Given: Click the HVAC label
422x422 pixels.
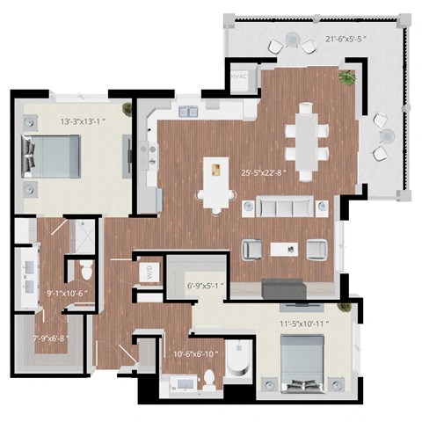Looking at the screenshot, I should pyautogui.click(x=238, y=77).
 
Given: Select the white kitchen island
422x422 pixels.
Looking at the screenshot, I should pyautogui.click(x=212, y=183).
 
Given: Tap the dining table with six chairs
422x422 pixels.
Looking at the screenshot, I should pyautogui.click(x=306, y=138).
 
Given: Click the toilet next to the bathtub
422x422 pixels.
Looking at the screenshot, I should pyautogui.click(x=209, y=379).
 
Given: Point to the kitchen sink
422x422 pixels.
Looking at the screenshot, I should pyautogui.click(x=188, y=112).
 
